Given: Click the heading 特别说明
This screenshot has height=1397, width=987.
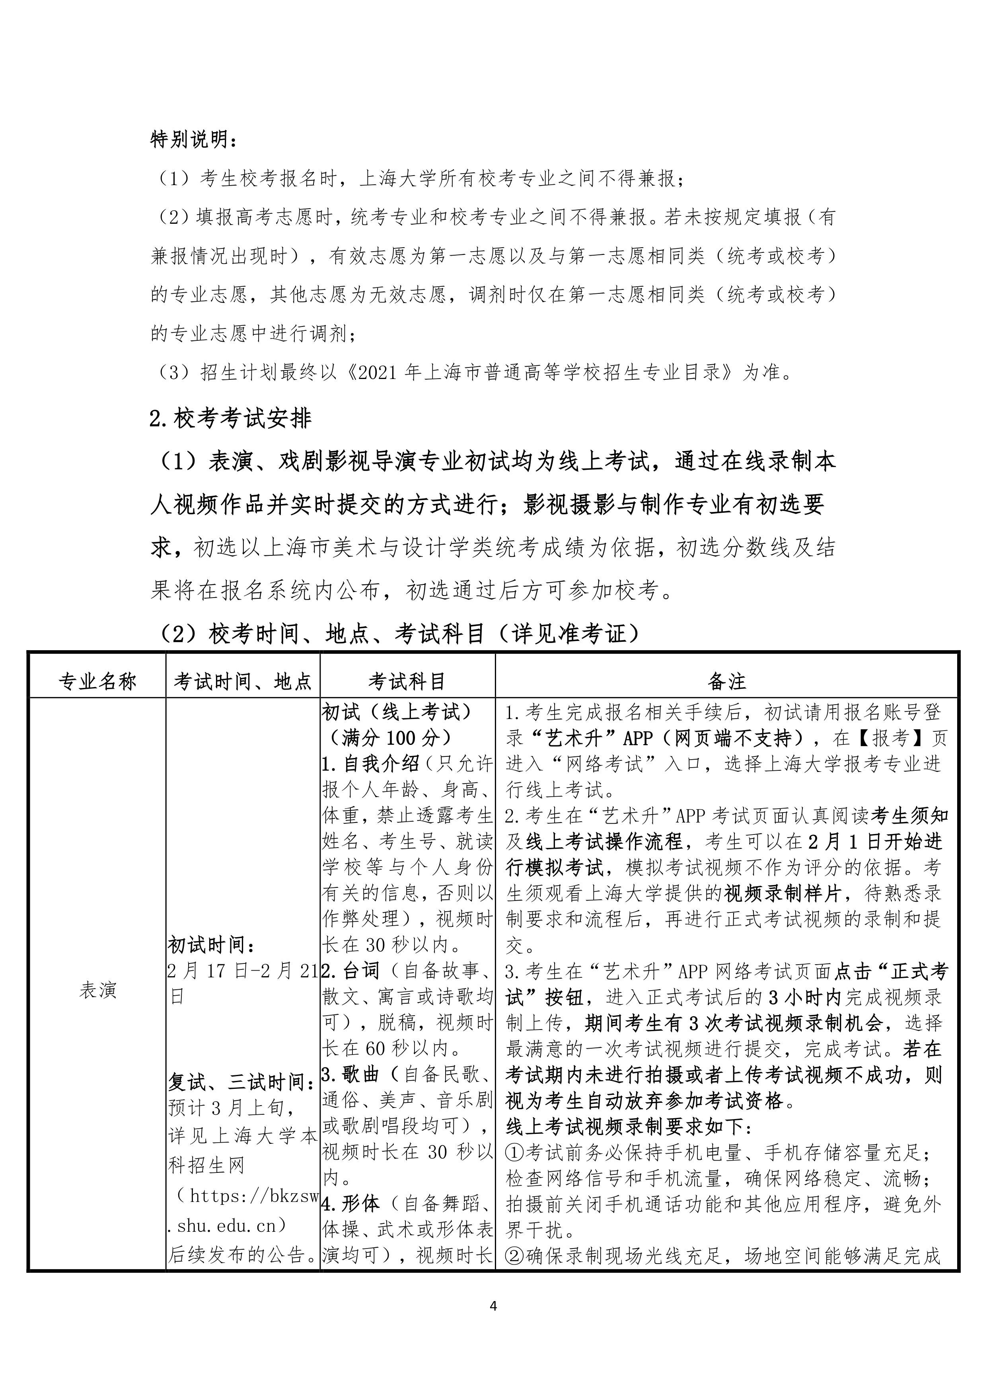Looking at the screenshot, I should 193,141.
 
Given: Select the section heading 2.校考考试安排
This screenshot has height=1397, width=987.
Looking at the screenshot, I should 230,418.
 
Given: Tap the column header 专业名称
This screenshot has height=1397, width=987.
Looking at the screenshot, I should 97,682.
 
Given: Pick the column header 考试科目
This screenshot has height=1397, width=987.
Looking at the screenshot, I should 407,682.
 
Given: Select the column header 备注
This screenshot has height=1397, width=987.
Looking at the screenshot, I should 727,682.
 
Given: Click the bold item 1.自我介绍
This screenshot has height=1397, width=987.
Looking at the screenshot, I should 370,764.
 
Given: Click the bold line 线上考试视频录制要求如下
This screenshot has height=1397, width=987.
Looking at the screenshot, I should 628,1127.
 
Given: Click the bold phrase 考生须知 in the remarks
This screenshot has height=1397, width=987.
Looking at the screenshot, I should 910,815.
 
